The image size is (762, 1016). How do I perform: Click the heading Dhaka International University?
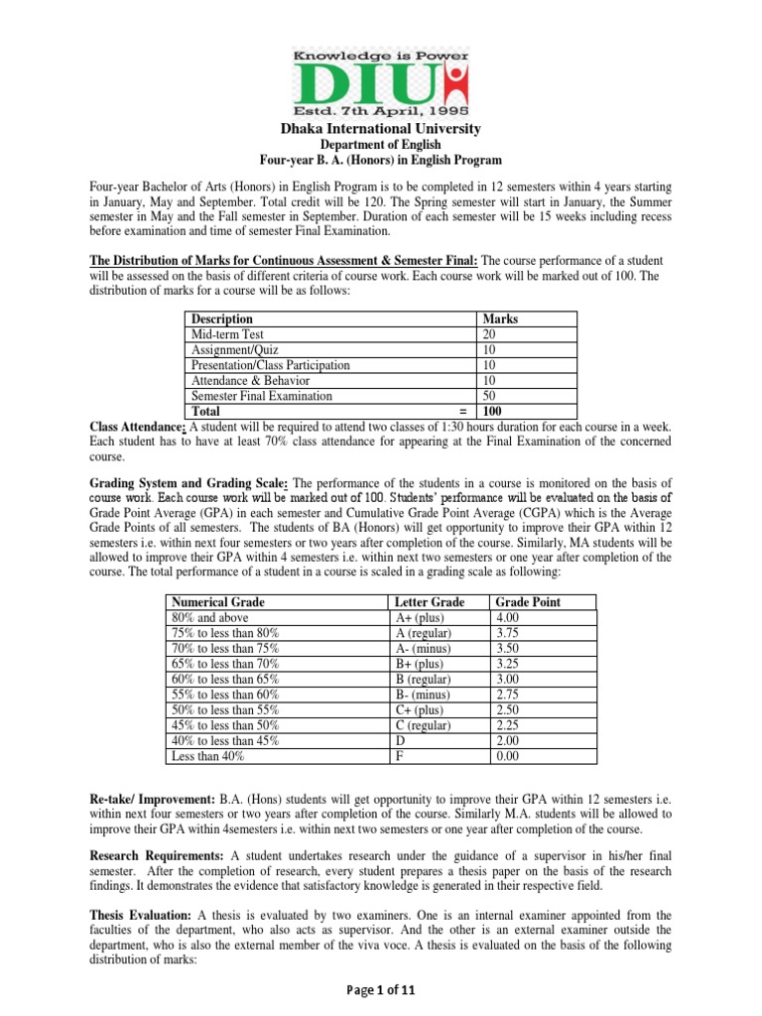coord(381,129)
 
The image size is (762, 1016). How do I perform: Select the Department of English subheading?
coord(381,145)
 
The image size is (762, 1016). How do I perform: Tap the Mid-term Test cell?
coord(227,334)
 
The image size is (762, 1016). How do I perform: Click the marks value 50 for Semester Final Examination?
coord(490,395)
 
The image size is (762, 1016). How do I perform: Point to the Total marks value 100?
coord(493,410)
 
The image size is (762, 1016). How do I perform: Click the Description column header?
coord(222,319)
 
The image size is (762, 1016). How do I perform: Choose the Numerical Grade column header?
coord(218,602)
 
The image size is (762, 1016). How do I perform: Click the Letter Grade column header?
coord(429,602)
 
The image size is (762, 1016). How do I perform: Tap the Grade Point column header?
coord(527,602)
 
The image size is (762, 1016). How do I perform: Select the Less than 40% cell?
coord(208,755)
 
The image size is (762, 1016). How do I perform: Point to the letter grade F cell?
coord(399,755)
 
